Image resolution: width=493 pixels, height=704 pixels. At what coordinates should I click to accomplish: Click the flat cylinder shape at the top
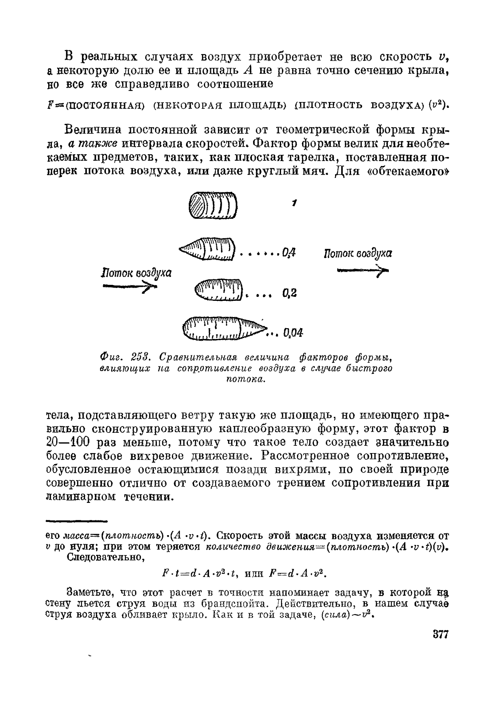pos(213,205)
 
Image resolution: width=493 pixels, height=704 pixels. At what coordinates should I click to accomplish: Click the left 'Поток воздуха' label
pos(136,273)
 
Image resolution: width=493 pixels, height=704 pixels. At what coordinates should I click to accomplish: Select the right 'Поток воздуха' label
pos(358,253)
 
